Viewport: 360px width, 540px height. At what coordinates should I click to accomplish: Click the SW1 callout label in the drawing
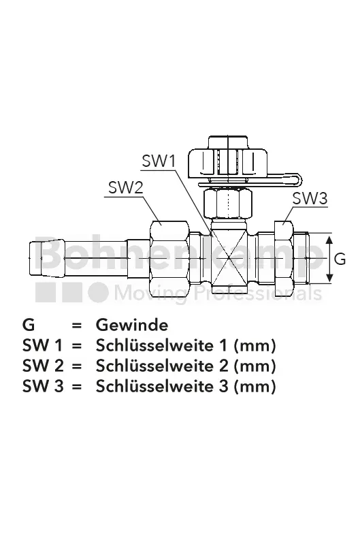pos(159,161)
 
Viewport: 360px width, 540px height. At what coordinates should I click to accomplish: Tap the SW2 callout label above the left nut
pos(125,188)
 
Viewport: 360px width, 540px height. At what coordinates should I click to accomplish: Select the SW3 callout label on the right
pos(310,199)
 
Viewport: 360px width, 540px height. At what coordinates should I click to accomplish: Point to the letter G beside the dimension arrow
pos(340,259)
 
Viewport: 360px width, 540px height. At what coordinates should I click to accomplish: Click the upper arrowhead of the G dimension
pos(329,240)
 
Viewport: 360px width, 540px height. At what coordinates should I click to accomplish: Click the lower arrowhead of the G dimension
pos(329,279)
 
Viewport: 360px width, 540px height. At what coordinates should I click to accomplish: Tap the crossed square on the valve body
pos(229,257)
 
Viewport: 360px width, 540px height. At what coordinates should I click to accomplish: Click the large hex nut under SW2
pos(169,257)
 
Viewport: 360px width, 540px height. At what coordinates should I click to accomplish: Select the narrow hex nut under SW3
pos(284,257)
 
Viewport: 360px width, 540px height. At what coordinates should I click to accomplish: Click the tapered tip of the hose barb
pos(35,258)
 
